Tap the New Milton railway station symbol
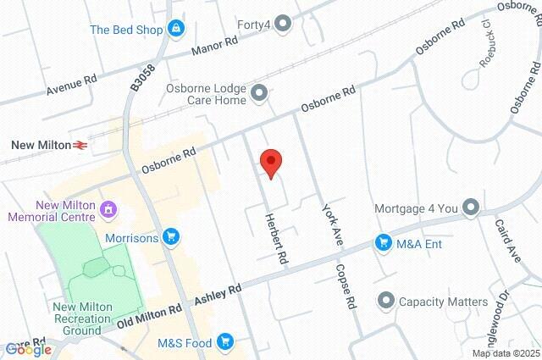pos(81,146)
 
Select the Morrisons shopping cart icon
pos(171,237)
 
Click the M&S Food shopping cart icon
pos(225,341)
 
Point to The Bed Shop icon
pos(175,29)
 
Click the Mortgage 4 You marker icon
pos(472,208)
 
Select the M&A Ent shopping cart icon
pos(383,244)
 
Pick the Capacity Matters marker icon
pos(386,302)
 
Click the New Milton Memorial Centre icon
pos(108,208)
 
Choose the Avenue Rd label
pos(72,86)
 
